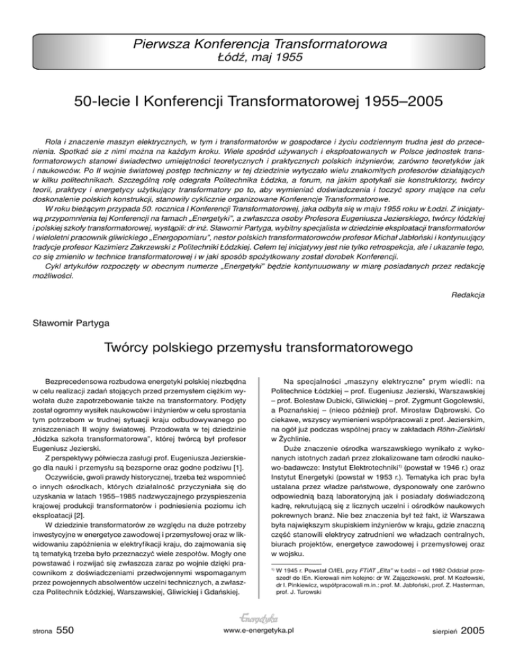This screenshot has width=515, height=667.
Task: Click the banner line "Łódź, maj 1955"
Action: pos(258,58)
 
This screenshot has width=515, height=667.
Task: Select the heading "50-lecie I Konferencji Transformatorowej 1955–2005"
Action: pos(257,105)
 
